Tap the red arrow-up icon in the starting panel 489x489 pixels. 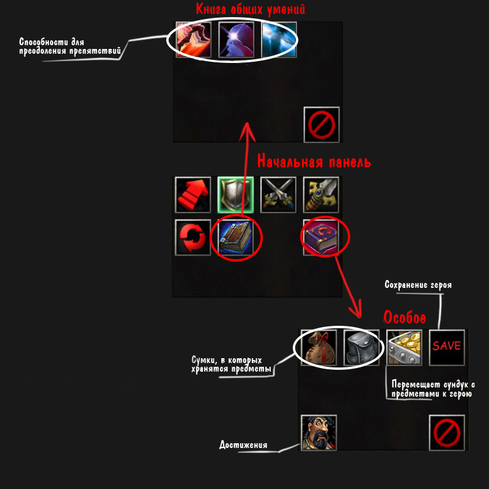point(193,194)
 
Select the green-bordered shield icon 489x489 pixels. point(235,194)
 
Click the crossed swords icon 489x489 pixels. point(278,194)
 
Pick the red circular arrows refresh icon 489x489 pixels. point(193,237)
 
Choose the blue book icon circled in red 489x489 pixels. point(235,237)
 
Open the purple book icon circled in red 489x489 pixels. point(322,237)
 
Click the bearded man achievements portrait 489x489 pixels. point(319,433)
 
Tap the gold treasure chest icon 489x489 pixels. point(404,347)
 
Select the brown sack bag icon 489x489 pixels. point(319,347)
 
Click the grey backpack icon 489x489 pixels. point(361,347)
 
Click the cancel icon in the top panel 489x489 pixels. point(322,124)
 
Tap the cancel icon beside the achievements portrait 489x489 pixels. point(447,433)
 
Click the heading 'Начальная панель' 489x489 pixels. point(314,162)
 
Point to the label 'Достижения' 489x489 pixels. point(243,444)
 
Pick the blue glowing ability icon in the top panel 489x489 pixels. point(279,40)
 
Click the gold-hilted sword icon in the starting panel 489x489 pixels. point(322,194)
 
